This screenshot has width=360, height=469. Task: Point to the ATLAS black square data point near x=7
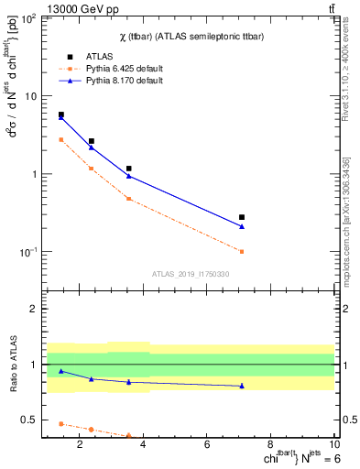pos(242,217)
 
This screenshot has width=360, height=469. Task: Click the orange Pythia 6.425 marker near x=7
pos(242,251)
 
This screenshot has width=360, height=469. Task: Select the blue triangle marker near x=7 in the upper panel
pos(242,227)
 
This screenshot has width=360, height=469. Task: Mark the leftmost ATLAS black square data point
pos(61,115)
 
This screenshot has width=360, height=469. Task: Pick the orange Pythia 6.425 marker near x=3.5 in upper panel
pos(128,199)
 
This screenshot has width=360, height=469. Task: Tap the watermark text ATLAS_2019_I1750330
pos(191,274)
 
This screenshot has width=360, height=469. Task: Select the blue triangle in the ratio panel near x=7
pos(242,386)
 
